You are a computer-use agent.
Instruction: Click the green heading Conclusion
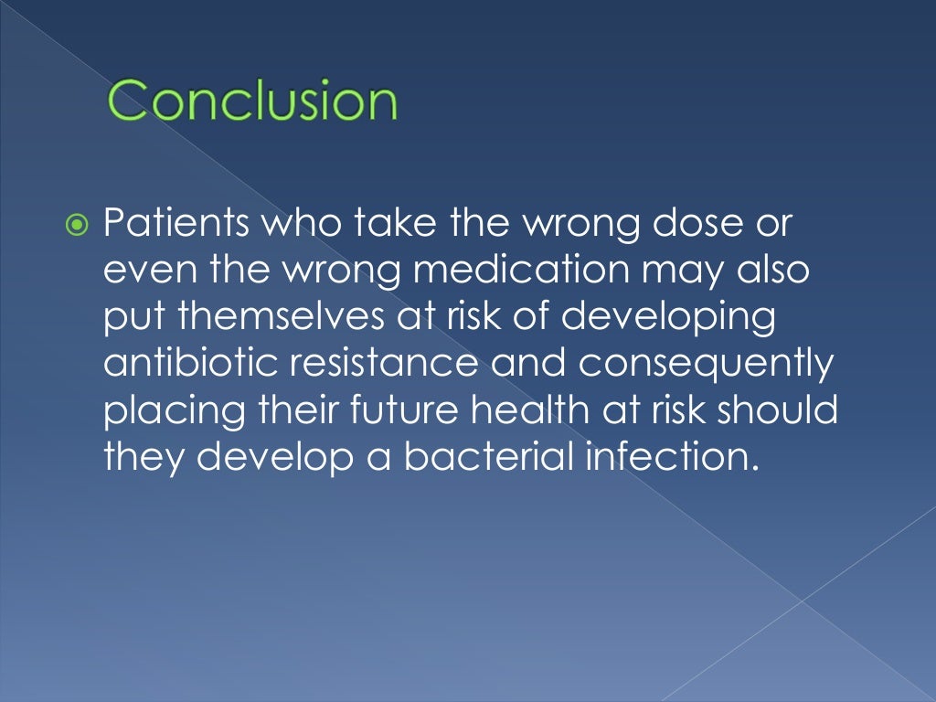252,101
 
